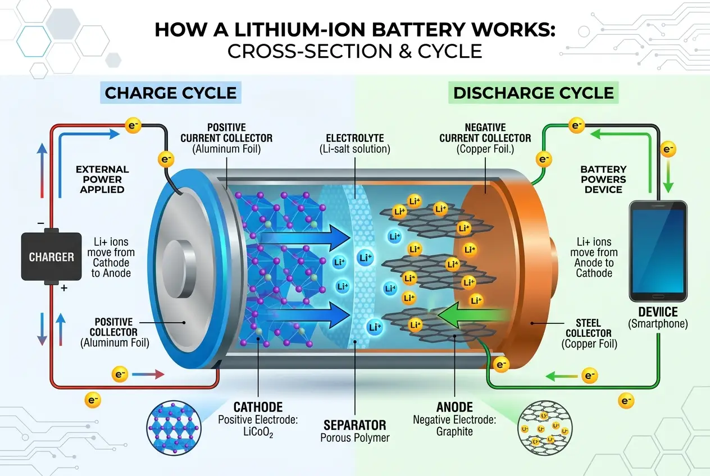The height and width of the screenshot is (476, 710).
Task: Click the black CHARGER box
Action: [x=52, y=257]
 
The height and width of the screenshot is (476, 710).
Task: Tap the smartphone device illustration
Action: [x=658, y=251]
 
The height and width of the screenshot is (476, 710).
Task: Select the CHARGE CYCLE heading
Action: [x=171, y=93]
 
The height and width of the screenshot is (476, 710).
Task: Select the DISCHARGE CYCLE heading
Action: [x=534, y=93]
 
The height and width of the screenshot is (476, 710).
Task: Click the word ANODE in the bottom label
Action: [x=454, y=407]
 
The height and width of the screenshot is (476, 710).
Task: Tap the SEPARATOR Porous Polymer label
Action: [x=354, y=431]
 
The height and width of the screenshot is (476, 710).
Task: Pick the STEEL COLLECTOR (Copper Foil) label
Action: [x=589, y=334]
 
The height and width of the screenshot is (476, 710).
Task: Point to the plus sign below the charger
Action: [x=63, y=288]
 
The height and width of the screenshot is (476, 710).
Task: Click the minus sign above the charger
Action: [x=40, y=223]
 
